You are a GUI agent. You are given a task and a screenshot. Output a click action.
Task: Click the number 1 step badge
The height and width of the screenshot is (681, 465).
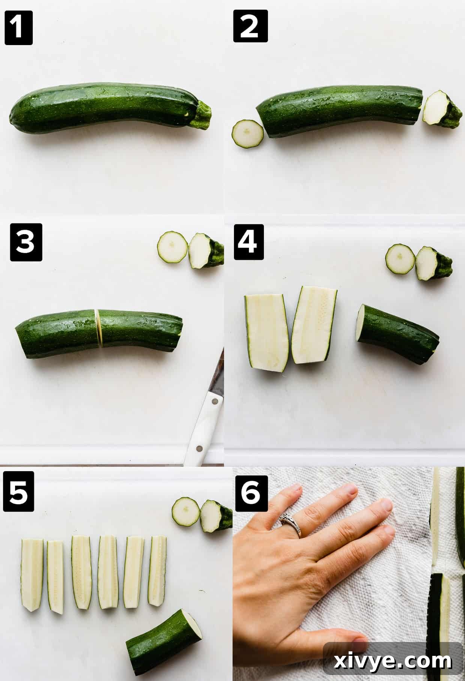click(18, 27)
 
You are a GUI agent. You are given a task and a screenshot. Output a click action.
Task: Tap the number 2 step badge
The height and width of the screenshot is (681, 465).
click(250, 26)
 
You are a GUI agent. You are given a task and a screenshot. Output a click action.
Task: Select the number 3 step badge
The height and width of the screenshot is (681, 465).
click(26, 242)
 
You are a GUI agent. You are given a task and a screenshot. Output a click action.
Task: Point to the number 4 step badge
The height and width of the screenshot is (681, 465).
click(249, 242)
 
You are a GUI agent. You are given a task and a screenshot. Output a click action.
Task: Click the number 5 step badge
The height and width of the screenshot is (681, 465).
click(18, 492)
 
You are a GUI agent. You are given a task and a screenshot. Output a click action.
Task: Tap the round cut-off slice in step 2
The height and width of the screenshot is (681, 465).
click(247, 134)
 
